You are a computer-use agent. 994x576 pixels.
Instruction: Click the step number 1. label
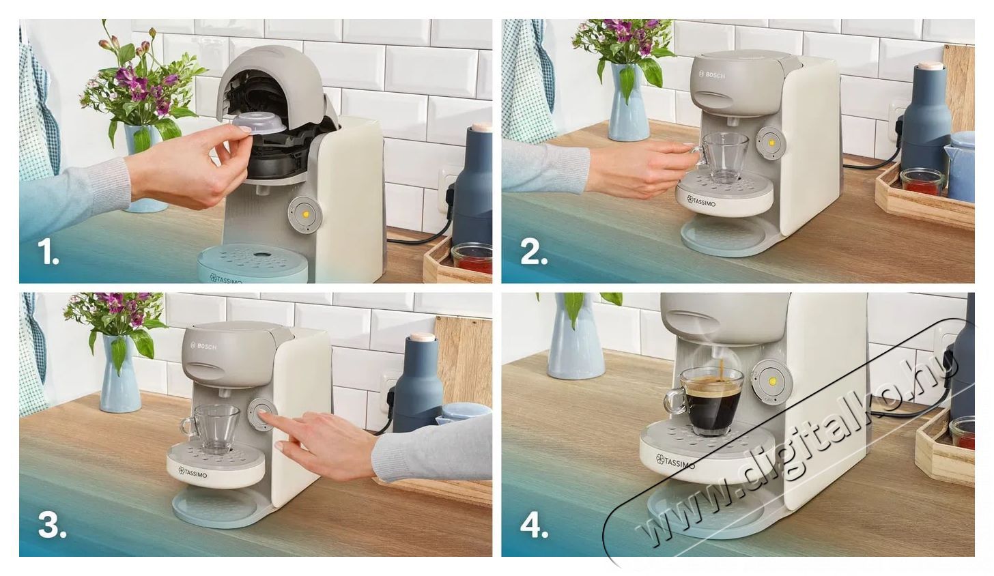point(48,253)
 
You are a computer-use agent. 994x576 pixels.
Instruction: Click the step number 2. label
point(533,253)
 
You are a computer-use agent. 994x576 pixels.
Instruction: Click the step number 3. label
point(52,525)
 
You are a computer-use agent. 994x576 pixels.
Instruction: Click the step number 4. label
point(535,525)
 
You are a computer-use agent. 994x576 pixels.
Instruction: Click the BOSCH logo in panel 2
point(715,74)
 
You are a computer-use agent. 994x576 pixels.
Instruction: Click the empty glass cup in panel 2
point(725,156)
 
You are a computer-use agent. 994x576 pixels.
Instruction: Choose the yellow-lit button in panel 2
point(771,143)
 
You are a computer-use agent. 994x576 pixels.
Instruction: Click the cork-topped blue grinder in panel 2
point(926,116)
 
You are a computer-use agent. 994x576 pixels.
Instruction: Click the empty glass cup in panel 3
point(215,427)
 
